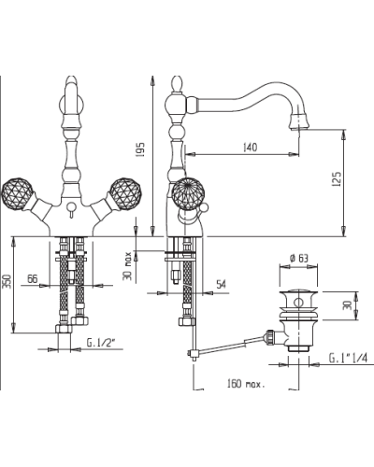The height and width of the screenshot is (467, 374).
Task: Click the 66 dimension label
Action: [32, 279]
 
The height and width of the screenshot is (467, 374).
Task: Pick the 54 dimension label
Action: [222, 284]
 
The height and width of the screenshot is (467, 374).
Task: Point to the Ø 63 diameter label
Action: [298, 258]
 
